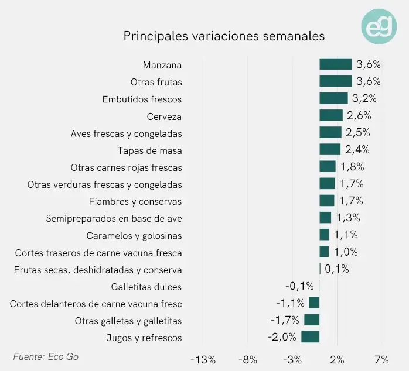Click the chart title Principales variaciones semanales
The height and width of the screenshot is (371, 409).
(x=224, y=36)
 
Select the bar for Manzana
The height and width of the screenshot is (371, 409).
(x=335, y=64)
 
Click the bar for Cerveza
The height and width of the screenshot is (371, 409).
(x=331, y=116)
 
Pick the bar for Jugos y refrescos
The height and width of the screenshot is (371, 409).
(x=310, y=337)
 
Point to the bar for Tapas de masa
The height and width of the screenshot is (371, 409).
(x=330, y=150)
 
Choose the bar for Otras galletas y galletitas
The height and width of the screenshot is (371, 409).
(x=311, y=320)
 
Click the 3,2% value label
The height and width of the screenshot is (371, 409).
(x=364, y=98)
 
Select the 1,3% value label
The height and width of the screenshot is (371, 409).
(x=348, y=218)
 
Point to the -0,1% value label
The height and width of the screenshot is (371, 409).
(x=299, y=286)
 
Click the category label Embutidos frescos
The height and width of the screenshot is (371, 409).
(x=142, y=99)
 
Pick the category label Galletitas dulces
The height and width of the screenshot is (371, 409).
(x=146, y=287)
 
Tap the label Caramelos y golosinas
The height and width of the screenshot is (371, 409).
(x=134, y=236)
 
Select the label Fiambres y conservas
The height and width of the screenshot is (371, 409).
(x=135, y=201)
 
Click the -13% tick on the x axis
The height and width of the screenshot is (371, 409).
(x=203, y=359)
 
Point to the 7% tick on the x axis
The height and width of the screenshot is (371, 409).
(x=381, y=359)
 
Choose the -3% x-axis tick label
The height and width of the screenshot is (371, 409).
(x=292, y=359)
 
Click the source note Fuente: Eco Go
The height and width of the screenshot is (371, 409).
(x=46, y=356)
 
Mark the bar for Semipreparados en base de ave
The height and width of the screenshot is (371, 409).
(x=325, y=218)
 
